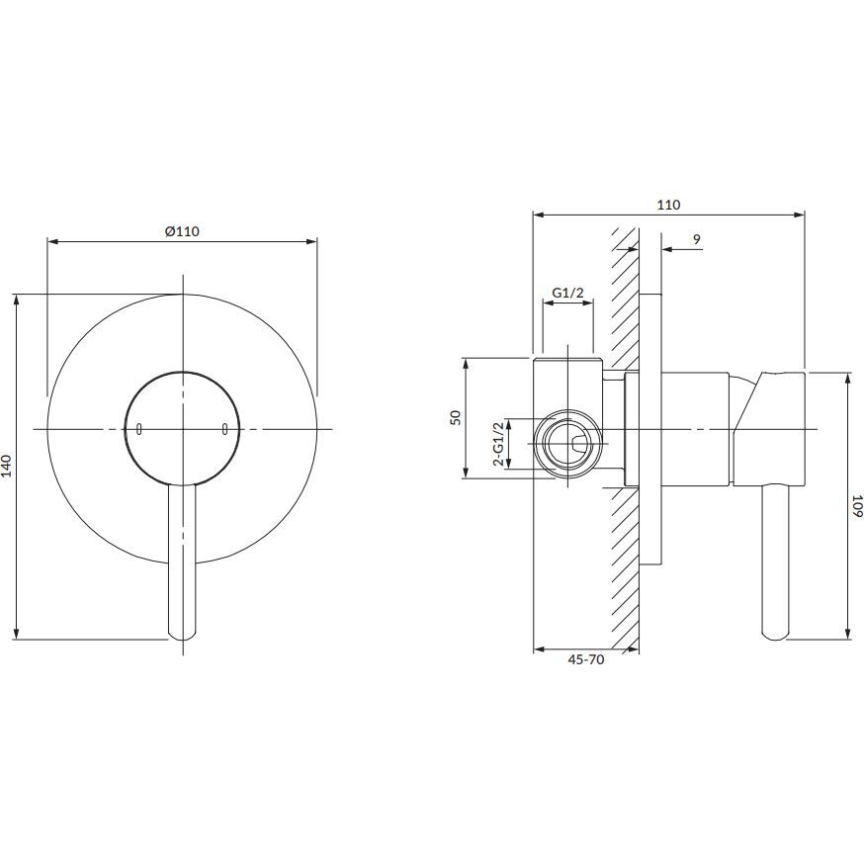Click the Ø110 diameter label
tap(182, 231)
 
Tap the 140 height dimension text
tap(7, 467)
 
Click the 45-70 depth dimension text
tap(586, 659)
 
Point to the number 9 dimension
tap(697, 239)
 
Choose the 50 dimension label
tap(455, 417)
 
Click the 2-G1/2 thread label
tap(498, 444)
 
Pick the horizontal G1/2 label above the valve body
tap(567, 294)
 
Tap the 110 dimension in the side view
tap(668, 205)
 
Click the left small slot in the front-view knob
tap(138, 429)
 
